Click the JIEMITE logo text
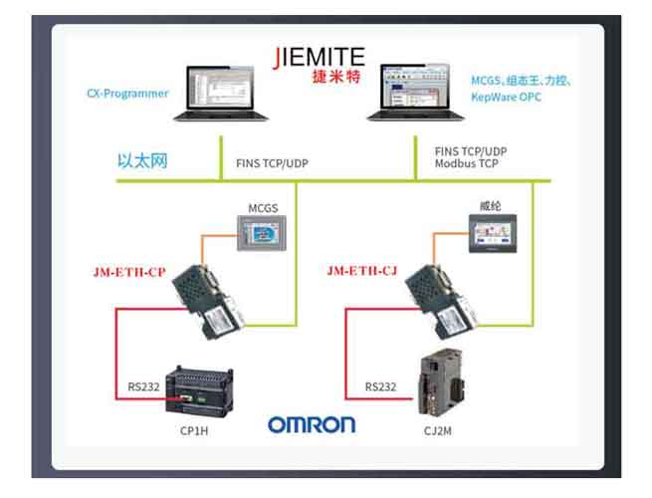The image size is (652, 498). pyautogui.click(x=318, y=55)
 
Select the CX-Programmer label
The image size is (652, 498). pyautogui.click(x=126, y=95)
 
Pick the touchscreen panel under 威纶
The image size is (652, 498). pyautogui.click(x=491, y=237)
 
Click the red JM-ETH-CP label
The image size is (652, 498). pyautogui.click(x=127, y=271)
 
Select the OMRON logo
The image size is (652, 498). pyautogui.click(x=311, y=425)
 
